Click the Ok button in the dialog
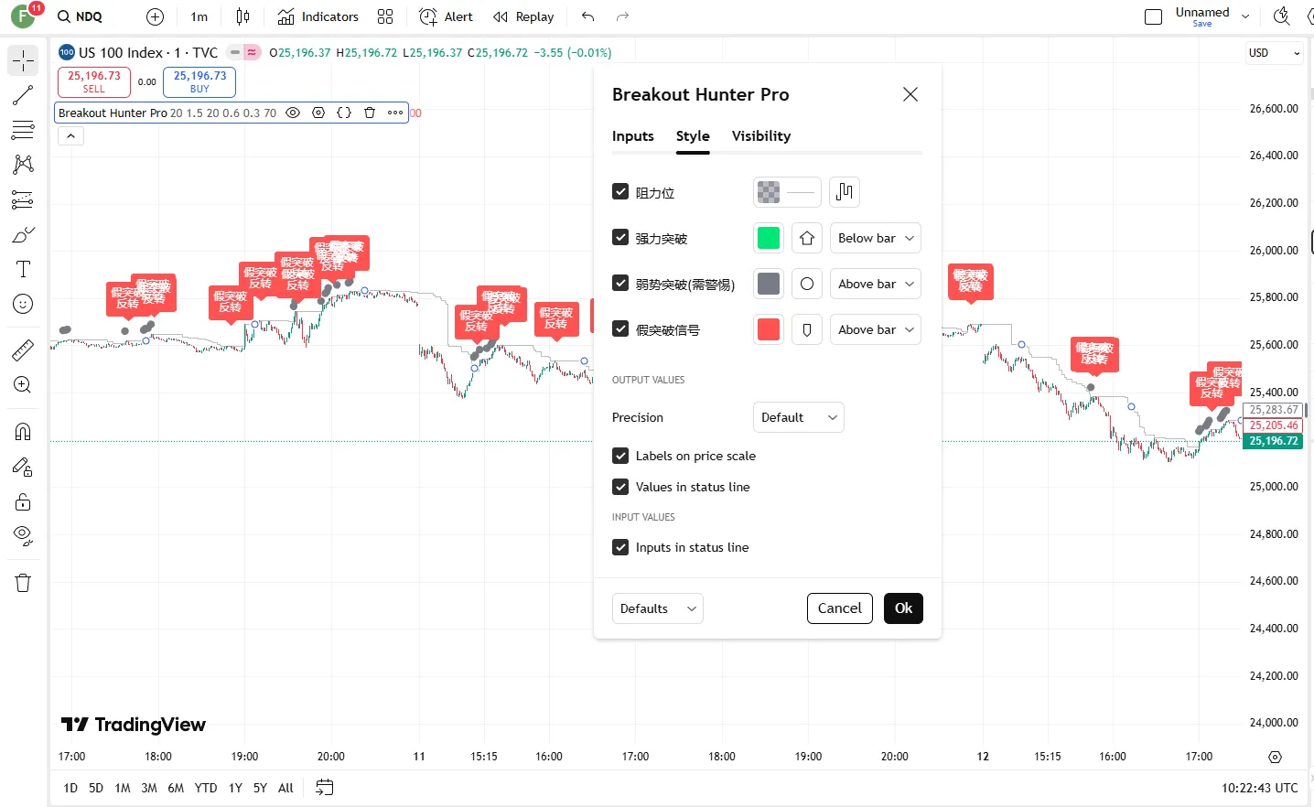[x=903, y=608]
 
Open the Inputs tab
[x=633, y=136]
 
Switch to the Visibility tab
[x=761, y=136]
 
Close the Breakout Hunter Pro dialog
[x=910, y=94]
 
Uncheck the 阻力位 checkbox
[x=620, y=192]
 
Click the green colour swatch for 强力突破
[x=769, y=238]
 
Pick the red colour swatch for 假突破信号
[x=769, y=329]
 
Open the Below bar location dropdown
[x=876, y=238]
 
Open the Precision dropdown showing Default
[x=798, y=417]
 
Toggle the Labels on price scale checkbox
[x=620, y=456]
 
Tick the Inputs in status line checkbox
[x=620, y=547]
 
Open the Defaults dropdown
[x=657, y=608]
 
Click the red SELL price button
[x=94, y=81]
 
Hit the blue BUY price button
[x=199, y=81]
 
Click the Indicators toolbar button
[x=318, y=16]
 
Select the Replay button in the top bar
[x=523, y=16]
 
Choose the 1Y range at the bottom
[x=235, y=788]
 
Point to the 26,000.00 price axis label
[x=1274, y=250]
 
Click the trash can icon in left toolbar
[x=23, y=583]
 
